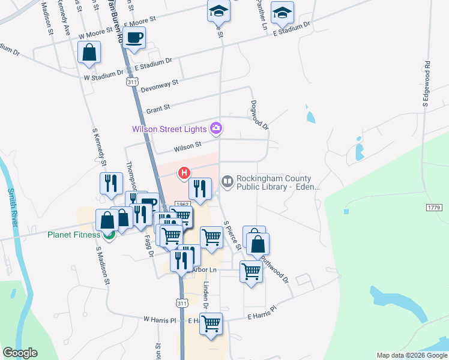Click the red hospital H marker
pos(185,173)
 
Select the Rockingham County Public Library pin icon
pos(228,180)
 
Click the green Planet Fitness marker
pos(109,235)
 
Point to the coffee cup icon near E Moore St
pos(134,37)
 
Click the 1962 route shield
pos(182,205)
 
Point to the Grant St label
pos(158,109)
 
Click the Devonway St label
pos(159,86)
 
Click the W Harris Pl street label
pos(158,320)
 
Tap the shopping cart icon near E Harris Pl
pos(211,324)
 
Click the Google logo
pos(20,353)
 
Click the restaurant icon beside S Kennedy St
pos(110,183)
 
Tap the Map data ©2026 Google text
pos(411,355)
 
